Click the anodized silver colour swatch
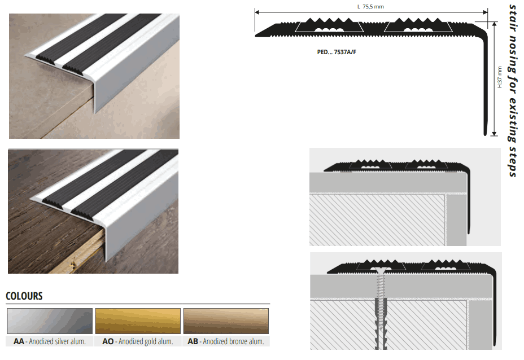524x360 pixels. click(50, 321)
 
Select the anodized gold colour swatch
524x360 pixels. click(138, 321)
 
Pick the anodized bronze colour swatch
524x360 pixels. click(226, 321)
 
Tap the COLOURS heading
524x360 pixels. click(24, 296)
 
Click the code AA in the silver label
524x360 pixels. click(19, 341)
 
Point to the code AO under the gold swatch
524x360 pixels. click(108, 341)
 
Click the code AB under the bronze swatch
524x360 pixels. click(193, 341)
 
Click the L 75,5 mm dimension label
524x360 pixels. click(370, 7)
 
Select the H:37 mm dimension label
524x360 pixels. click(500, 77)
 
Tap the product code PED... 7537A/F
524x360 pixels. click(337, 52)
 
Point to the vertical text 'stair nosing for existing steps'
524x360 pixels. click(513, 90)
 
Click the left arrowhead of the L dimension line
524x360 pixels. click(257, 12)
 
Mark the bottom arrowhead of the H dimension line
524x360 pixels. click(494, 134)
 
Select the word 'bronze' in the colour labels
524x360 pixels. click(237, 341)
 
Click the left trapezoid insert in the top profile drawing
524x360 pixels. click(329, 27)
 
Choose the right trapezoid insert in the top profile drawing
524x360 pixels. click(418, 27)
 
